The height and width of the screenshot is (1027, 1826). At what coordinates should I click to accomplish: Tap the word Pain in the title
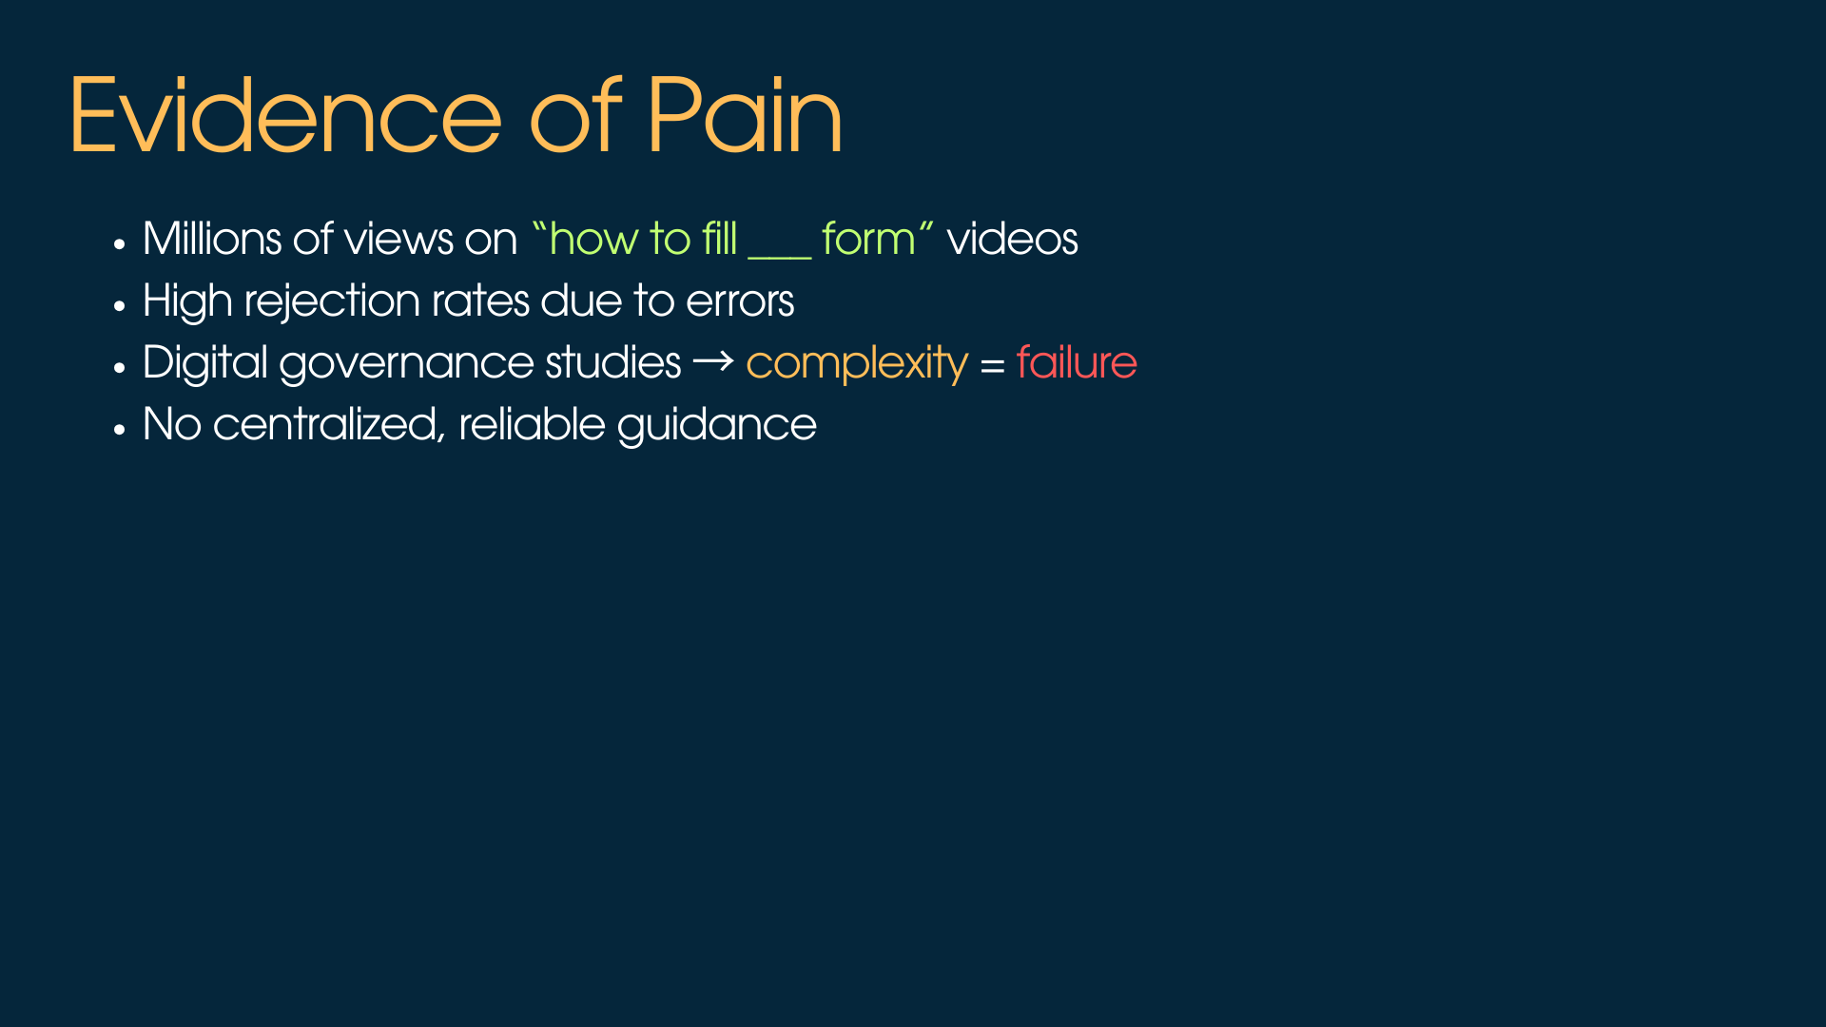(744, 116)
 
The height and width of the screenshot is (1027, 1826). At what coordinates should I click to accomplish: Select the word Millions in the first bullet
(211, 239)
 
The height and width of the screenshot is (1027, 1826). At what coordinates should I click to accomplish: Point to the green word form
(867, 239)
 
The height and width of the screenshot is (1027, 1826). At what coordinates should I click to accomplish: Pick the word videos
(1012, 239)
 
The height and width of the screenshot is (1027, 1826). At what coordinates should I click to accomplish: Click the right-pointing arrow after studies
(713, 361)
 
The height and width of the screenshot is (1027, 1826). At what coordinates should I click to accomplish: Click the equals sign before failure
(992, 365)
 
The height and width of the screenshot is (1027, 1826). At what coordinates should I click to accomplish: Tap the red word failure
(1077, 362)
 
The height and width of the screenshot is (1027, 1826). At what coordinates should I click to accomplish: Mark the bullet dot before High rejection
(119, 306)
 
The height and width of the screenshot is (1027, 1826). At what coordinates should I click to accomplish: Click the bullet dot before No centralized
(119, 430)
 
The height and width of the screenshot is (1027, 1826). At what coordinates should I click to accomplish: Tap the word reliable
(532, 424)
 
